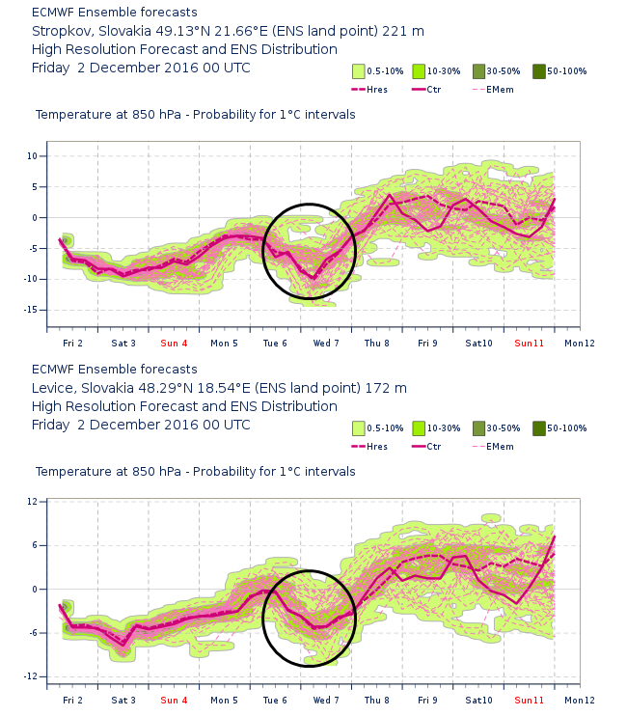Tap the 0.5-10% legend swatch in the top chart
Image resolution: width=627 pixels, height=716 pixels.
tap(357, 71)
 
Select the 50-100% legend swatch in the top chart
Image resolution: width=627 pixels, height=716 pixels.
tap(538, 71)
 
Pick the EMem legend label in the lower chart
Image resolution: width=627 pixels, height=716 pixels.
tap(500, 446)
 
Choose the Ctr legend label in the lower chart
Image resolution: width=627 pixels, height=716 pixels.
tap(434, 446)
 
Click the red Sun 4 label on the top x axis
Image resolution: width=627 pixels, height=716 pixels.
tap(175, 343)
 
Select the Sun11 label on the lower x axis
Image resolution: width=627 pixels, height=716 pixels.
tap(529, 700)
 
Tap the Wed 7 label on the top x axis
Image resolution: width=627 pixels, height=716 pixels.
tap(325, 343)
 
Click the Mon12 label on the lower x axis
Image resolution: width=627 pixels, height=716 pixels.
tap(579, 700)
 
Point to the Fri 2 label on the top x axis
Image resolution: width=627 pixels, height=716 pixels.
tap(72, 343)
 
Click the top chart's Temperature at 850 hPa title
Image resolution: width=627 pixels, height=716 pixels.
tap(195, 115)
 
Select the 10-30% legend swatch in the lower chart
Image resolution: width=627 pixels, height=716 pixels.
tap(419, 428)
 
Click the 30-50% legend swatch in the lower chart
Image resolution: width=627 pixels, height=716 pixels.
tap(478, 428)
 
